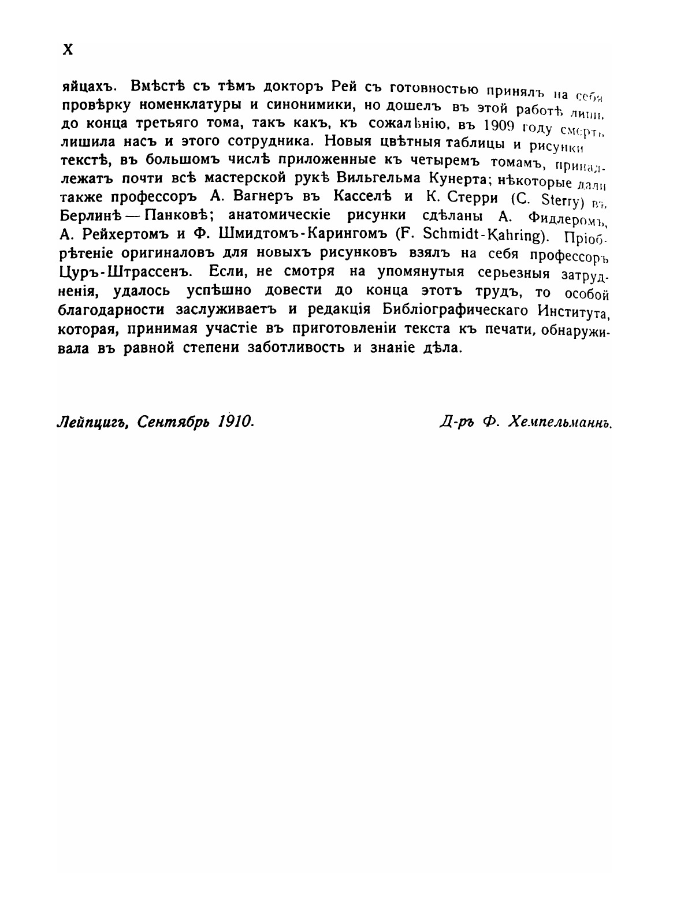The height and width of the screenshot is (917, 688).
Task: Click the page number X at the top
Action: pyautogui.click(x=68, y=50)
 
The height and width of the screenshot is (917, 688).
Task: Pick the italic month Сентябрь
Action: pyautogui.click(x=168, y=422)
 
